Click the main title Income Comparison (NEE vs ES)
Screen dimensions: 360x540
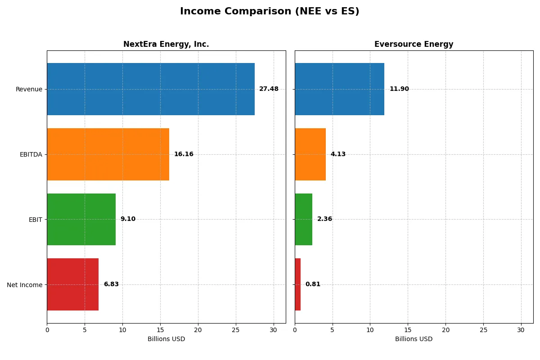(270, 12)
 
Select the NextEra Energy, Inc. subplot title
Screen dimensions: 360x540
(166, 45)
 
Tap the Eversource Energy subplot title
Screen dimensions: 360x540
(414, 45)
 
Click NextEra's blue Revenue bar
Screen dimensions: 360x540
(151, 89)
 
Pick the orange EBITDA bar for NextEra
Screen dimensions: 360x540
(108, 154)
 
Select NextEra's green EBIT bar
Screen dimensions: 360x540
(81, 220)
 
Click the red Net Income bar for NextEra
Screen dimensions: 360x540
(73, 284)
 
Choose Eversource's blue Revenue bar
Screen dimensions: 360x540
(339, 89)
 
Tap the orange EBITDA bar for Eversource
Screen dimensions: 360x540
(310, 154)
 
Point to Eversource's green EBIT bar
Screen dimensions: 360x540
(303, 220)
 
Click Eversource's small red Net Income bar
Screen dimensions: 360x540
(298, 284)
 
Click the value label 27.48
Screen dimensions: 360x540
(269, 89)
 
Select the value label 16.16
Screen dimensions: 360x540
(184, 154)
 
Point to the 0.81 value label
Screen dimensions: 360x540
(313, 284)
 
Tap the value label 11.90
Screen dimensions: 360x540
(399, 89)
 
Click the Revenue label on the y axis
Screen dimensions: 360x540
(29, 89)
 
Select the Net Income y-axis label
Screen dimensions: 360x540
(25, 285)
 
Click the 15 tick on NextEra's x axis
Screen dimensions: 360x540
(160, 330)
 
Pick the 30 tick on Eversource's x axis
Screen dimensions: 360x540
(521, 330)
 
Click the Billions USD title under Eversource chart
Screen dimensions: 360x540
(414, 339)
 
